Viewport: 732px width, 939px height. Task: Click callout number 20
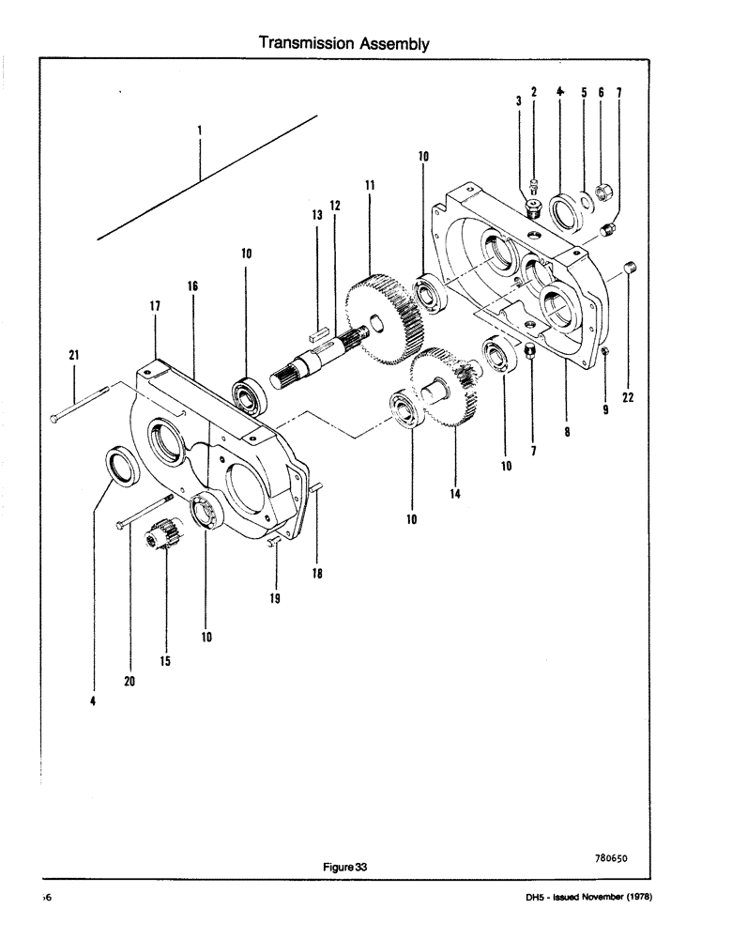(x=130, y=682)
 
